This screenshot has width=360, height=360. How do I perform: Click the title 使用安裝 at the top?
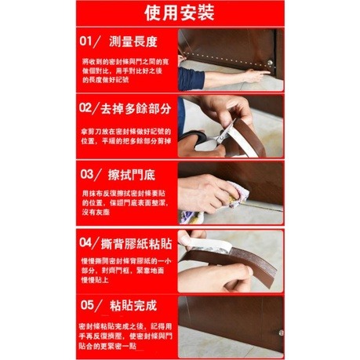[180, 13]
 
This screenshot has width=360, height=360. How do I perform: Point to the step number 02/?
[91, 105]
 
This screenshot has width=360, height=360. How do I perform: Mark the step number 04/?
[91, 239]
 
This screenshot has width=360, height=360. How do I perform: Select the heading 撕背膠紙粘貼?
[138, 239]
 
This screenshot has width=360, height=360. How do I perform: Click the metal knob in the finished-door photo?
[278, 333]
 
